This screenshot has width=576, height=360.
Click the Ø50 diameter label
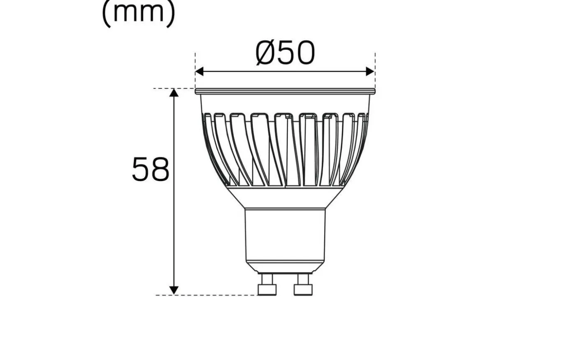click(x=285, y=53)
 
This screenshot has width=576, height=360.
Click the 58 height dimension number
click(x=150, y=169)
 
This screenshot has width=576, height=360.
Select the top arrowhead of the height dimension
click(x=174, y=93)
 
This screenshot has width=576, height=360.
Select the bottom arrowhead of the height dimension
click(x=174, y=290)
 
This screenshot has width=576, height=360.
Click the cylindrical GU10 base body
click(x=285, y=235)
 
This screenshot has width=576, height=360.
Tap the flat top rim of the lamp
click(x=285, y=91)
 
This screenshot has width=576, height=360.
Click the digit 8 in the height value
click(x=160, y=169)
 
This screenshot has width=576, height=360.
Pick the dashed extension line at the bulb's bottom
click(x=206, y=295)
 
